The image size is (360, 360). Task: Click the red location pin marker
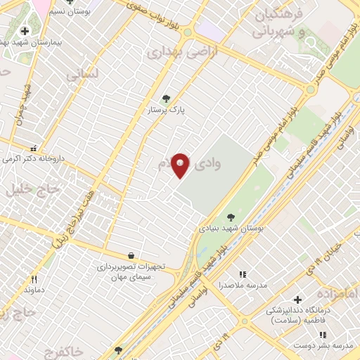click(181, 165)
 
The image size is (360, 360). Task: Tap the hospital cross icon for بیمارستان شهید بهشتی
click(25, 31)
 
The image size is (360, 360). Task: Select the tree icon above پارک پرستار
click(166, 99)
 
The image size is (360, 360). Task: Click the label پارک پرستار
click(165, 111)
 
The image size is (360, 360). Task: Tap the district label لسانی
click(83, 73)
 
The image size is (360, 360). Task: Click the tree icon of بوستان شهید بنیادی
click(232, 217)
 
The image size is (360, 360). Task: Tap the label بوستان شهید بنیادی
click(232, 229)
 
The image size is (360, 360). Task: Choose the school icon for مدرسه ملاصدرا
click(243, 274)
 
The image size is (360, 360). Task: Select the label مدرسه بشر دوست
click(331, 346)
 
